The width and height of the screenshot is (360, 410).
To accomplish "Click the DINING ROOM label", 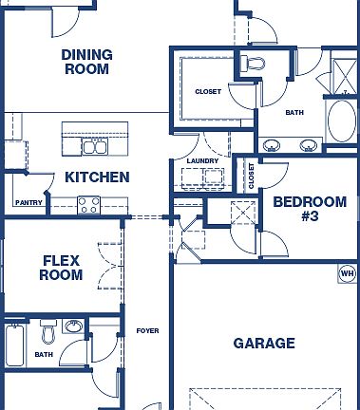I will click(x=86, y=62).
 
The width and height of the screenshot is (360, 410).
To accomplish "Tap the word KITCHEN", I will click(x=97, y=177).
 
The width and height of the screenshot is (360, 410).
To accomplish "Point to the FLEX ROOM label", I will click(x=61, y=268).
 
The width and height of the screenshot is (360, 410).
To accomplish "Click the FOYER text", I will click(x=146, y=330).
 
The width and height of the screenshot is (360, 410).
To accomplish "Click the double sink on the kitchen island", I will click(x=94, y=146).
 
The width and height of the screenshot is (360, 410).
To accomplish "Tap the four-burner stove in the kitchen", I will click(x=89, y=203).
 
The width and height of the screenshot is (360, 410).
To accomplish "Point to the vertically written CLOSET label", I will click(x=252, y=177).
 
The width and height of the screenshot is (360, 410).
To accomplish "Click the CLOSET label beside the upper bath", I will click(x=208, y=92).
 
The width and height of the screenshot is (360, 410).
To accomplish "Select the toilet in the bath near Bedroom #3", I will click(x=253, y=64).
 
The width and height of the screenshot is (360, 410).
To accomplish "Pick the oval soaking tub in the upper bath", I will click(x=340, y=120).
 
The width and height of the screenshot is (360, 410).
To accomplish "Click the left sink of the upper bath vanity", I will click(x=273, y=145).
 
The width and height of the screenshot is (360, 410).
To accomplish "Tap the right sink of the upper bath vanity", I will click(x=308, y=145).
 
